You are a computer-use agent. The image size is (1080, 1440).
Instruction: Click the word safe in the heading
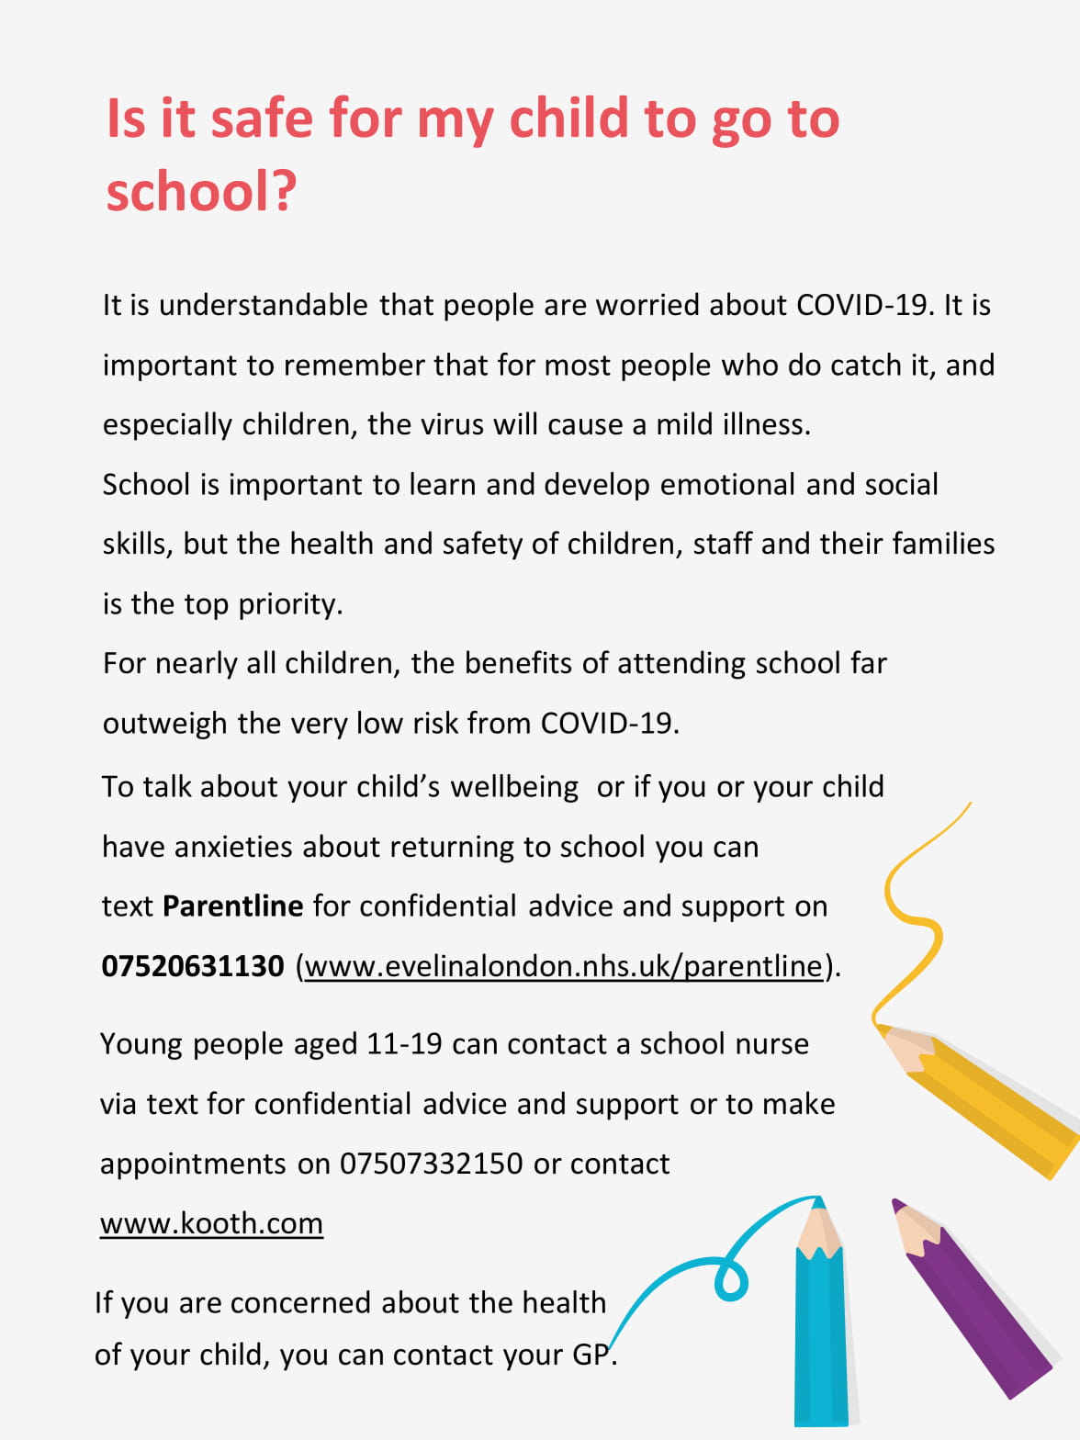[262, 119]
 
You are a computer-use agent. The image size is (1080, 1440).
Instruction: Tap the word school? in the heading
[201, 191]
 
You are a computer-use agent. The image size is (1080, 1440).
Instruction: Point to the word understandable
[263, 305]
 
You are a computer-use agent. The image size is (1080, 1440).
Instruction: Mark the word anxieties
[233, 847]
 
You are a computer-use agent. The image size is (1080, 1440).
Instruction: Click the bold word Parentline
[232, 906]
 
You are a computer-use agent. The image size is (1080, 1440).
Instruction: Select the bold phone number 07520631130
[193, 966]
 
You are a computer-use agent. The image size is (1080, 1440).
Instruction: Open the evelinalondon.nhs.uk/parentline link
[564, 966]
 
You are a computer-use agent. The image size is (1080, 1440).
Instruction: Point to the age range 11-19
[404, 1044]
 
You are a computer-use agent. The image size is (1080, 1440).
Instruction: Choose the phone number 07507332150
[431, 1164]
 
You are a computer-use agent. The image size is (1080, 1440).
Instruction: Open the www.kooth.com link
[211, 1223]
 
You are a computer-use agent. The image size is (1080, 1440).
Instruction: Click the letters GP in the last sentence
[591, 1355]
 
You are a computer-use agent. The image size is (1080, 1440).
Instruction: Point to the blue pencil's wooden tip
[817, 1231]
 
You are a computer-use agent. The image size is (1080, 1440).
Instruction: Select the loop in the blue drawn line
[731, 1280]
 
